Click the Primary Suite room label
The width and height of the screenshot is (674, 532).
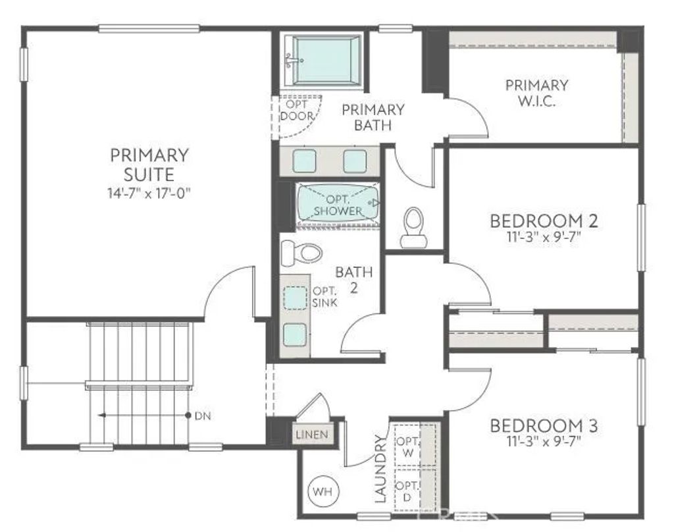coord(149,165)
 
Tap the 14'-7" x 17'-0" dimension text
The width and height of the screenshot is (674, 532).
coord(149,192)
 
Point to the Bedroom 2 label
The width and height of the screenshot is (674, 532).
coord(544,221)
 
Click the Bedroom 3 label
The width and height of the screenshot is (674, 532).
coord(544,426)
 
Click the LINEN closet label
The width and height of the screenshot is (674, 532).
coord(311,435)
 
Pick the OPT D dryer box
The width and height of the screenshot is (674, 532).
coord(407,491)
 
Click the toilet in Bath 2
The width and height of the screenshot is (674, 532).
coord(301,252)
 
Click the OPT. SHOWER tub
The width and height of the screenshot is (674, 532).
coord(338,204)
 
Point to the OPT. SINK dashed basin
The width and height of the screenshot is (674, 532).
coord(296,298)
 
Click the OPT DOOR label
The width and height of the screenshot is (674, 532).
coord(296,110)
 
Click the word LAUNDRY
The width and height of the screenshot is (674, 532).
coord(380,468)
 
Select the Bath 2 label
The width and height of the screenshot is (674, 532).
coord(354,279)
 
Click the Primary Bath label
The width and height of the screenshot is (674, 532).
coord(373,117)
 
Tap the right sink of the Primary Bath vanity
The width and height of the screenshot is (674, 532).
coord(355,161)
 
